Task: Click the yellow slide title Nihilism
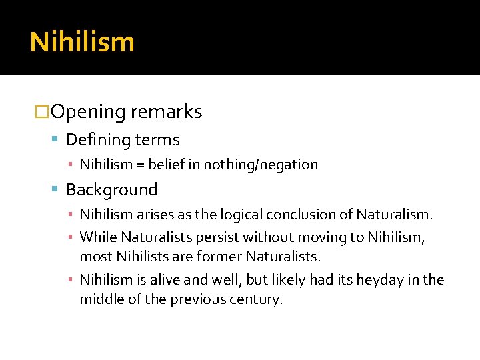click(x=82, y=42)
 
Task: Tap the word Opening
click(x=88, y=112)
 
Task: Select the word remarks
click(x=167, y=112)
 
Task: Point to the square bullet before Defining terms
click(x=56, y=140)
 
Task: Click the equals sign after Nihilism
click(x=142, y=164)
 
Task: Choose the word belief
click(x=168, y=164)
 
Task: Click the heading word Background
click(x=111, y=190)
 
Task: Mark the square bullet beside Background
click(x=56, y=190)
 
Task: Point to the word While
click(x=97, y=237)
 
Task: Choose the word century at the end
click(x=259, y=299)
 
